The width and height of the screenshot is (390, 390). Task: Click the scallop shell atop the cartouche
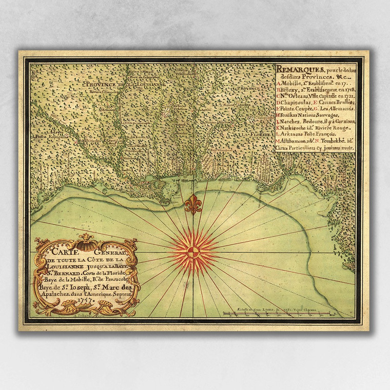86,239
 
